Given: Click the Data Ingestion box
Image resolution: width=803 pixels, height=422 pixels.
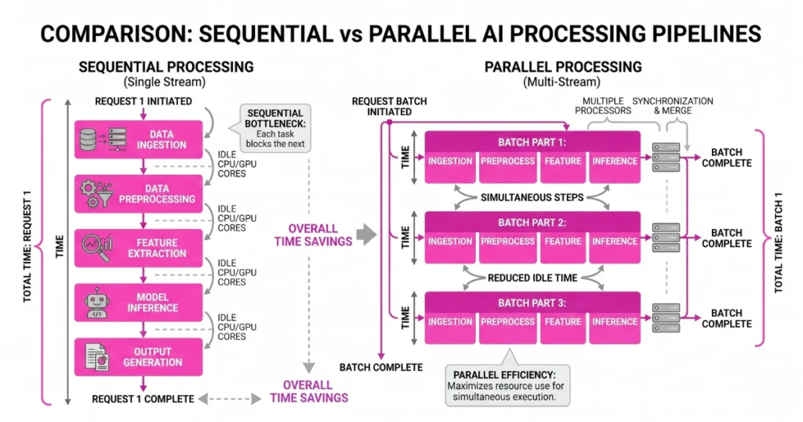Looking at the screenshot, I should (x=141, y=139).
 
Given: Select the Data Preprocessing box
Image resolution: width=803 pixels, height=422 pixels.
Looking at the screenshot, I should (x=141, y=193).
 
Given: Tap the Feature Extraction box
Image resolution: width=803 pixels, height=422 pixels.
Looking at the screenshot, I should (x=141, y=248).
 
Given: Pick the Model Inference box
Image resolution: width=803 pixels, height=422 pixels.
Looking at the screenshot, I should (x=141, y=302).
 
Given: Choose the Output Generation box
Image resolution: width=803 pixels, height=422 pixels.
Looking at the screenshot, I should (x=141, y=356).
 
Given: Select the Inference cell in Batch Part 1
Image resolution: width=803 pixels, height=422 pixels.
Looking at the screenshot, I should (x=614, y=162).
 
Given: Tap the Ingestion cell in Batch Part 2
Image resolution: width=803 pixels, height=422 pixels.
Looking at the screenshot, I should (x=450, y=242).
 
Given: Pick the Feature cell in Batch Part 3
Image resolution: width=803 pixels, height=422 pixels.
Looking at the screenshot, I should (x=562, y=322).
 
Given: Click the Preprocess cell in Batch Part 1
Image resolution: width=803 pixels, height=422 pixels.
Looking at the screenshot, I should (x=507, y=162).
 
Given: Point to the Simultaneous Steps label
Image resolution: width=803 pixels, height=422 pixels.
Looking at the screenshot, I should (x=532, y=197).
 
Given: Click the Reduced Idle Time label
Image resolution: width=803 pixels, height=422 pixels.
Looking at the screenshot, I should (x=532, y=277).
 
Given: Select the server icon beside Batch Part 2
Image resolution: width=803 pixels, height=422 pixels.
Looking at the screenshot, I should (x=665, y=233).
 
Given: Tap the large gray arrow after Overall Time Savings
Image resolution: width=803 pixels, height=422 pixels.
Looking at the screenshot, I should (x=366, y=233).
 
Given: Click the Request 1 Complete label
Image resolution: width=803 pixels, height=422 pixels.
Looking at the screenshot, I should (x=143, y=398).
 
